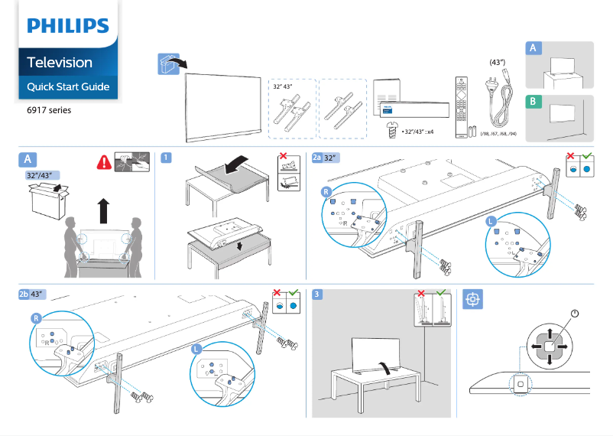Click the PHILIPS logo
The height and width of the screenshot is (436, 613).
coord(67,26)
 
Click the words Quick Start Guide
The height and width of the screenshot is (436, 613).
coord(68,86)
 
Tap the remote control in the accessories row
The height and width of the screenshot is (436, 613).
coord(459,106)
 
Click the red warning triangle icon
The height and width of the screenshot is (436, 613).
coord(102,162)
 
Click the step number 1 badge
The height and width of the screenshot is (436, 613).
coord(165,158)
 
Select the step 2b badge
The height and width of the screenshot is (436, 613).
coord(24,294)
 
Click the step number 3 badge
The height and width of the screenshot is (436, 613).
coord(318,294)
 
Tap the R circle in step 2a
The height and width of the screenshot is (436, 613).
coord(326,192)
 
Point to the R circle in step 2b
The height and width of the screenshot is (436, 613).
coord(35,317)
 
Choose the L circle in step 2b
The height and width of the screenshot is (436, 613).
coord(196,348)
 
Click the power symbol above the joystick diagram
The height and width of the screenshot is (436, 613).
coord(574,314)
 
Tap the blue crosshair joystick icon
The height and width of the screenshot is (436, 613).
coord(473,299)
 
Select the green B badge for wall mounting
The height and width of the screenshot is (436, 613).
coord(533,102)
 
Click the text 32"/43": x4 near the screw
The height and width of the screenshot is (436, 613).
coord(418,131)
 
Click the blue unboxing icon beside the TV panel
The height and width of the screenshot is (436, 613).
coord(169,64)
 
